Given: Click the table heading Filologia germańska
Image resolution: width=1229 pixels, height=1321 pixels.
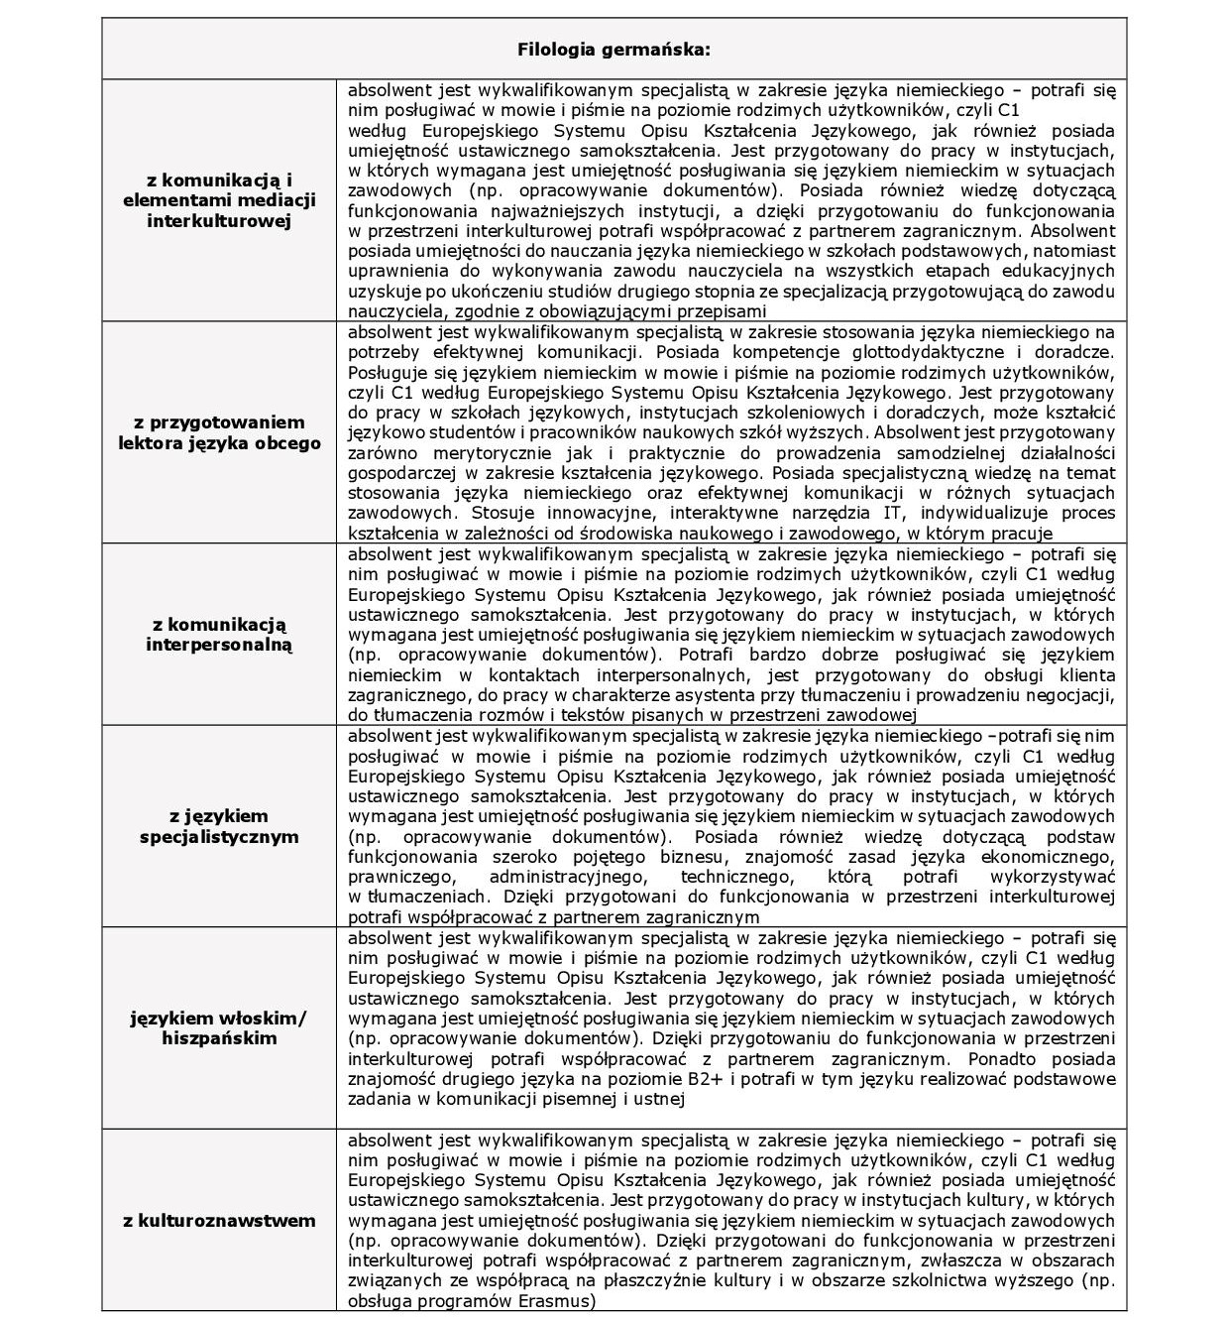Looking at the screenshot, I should click(x=614, y=49).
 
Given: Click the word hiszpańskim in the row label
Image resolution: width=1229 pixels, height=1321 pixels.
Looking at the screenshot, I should click(x=219, y=1038).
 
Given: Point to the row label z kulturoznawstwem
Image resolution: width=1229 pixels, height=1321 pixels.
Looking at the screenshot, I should click(x=219, y=1220).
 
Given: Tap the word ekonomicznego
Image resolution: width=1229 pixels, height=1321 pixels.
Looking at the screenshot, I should click(x=1050, y=857).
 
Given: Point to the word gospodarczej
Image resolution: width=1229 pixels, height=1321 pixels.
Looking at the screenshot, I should click(x=401, y=473).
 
